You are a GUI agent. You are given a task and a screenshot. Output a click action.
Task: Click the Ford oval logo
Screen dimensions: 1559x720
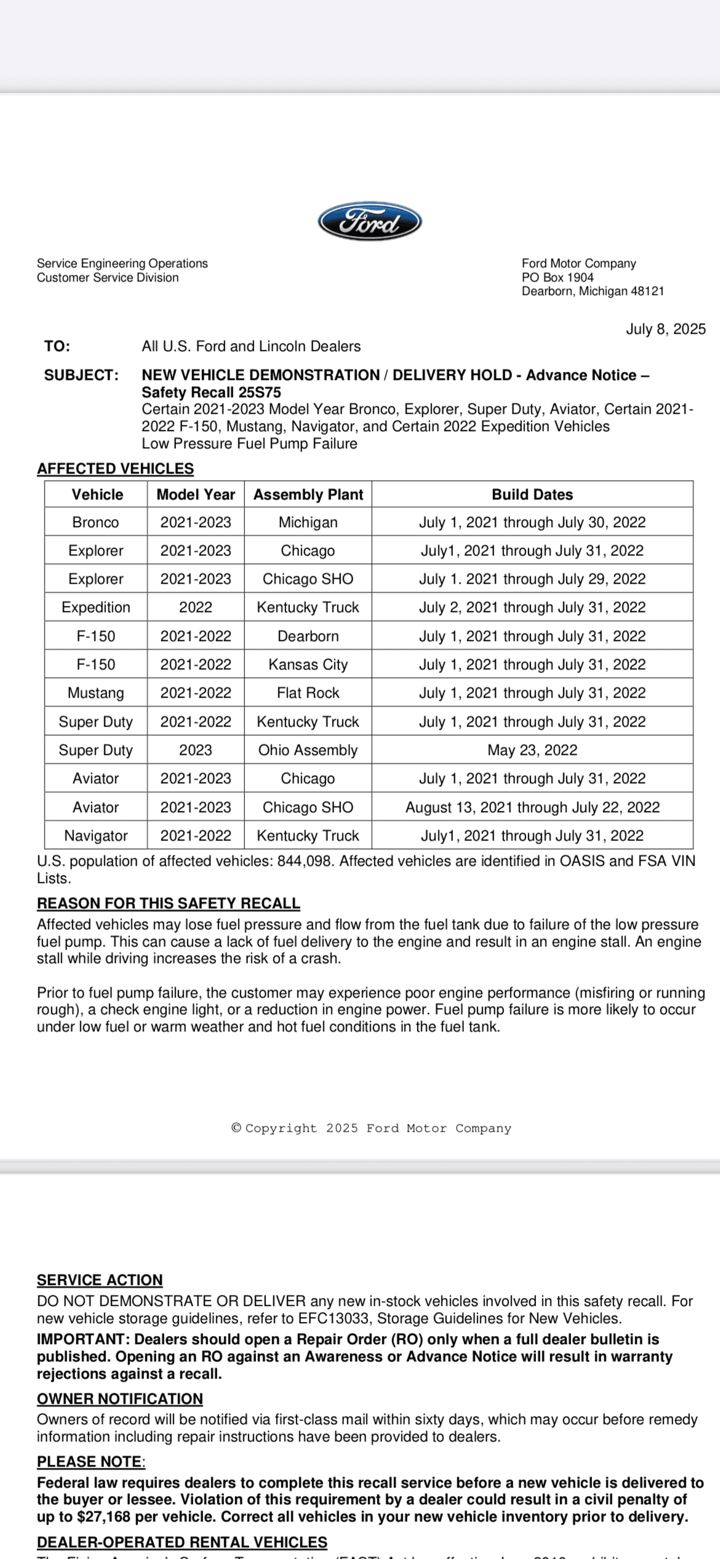coord(369,222)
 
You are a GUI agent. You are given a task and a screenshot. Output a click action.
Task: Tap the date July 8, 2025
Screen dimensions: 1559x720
coord(665,329)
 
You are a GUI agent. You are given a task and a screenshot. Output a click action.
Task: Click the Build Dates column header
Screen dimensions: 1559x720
coord(532,494)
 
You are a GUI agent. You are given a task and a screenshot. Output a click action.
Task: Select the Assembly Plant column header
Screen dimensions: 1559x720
coord(308,494)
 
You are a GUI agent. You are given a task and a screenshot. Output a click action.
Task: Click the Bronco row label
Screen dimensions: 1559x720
coord(95,522)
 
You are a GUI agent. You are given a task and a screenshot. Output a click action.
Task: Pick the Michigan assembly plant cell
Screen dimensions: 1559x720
coord(308,522)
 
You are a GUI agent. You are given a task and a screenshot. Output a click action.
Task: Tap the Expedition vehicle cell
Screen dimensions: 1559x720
coord(95,607)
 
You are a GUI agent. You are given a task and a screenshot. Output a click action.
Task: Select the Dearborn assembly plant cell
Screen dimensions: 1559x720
coord(308,636)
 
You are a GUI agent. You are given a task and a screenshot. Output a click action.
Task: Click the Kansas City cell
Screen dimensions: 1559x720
coord(308,664)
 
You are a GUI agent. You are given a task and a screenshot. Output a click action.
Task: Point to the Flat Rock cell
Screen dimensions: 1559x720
coord(308,693)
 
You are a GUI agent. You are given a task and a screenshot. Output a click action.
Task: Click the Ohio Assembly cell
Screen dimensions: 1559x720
coord(308,750)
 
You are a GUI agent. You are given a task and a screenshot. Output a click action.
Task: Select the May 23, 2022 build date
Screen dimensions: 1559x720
coord(532,750)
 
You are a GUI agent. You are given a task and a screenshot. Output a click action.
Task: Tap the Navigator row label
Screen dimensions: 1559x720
coord(95,836)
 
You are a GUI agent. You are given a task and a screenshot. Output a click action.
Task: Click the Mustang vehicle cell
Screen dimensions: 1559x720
coord(95,693)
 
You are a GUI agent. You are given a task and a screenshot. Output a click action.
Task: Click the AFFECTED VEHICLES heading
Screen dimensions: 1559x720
coord(115,469)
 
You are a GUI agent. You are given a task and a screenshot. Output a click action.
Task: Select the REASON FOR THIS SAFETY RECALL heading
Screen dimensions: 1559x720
coord(168,903)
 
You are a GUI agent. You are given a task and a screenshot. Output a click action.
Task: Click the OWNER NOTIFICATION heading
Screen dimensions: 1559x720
coord(119,1399)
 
